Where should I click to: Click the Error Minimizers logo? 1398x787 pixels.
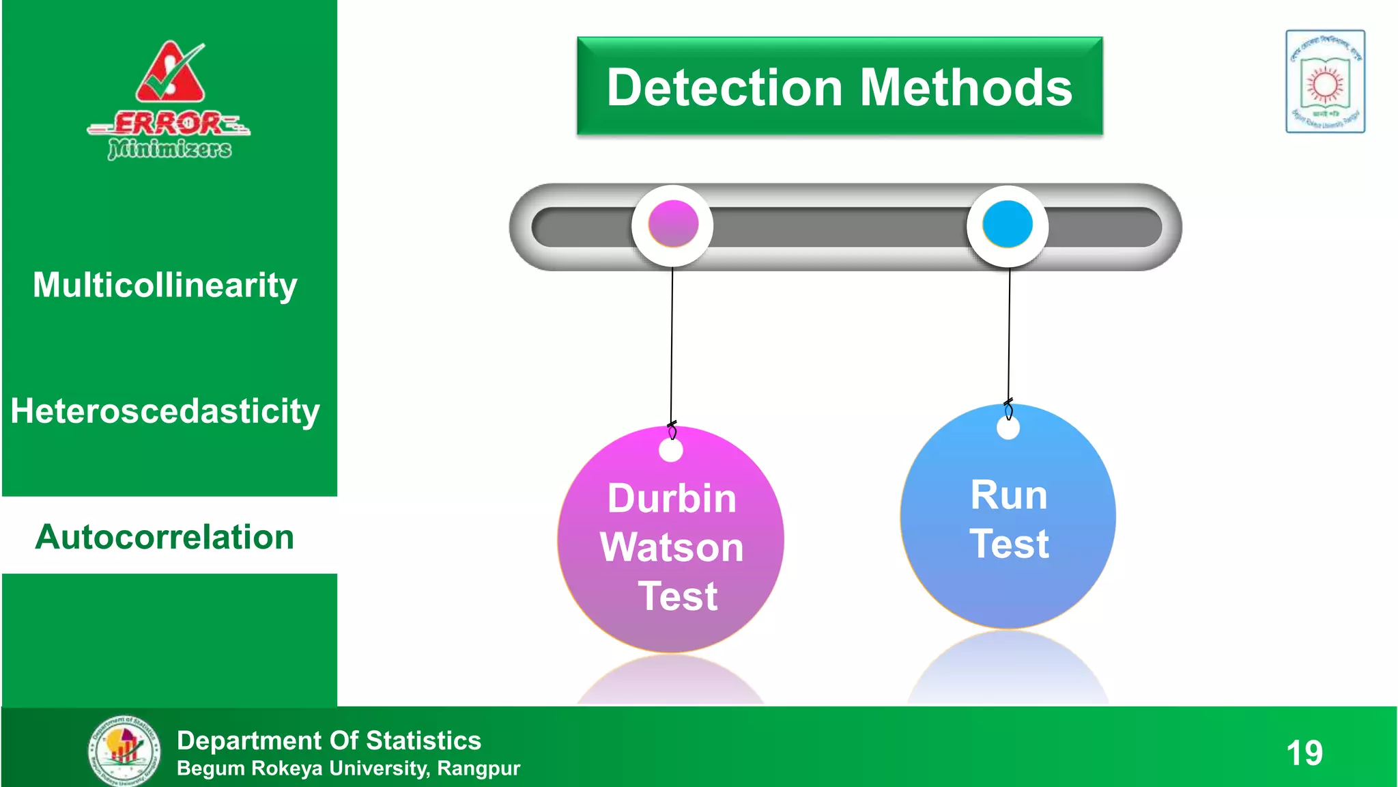[169, 101]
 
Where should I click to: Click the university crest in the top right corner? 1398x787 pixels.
[1325, 81]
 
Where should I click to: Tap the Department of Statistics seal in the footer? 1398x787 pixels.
[124, 750]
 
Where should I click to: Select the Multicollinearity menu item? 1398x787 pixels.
[165, 285]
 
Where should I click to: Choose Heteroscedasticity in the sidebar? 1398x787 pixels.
[165, 411]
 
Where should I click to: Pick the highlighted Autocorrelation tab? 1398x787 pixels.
[165, 537]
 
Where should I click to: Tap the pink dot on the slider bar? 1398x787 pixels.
[673, 224]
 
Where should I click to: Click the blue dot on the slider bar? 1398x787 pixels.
[1008, 224]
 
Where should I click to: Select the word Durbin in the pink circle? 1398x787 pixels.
[672, 498]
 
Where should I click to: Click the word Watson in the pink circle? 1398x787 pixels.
[672, 547]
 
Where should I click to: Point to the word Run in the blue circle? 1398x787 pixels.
[1009, 495]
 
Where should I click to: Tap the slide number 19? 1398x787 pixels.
[1304, 753]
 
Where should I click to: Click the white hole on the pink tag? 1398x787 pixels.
[671, 450]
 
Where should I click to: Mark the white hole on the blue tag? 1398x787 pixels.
[1008, 428]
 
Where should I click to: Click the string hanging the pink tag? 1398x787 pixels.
[672, 342]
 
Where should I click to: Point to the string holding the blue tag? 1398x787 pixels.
[1009, 335]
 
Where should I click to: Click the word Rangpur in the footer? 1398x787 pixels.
[479, 769]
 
